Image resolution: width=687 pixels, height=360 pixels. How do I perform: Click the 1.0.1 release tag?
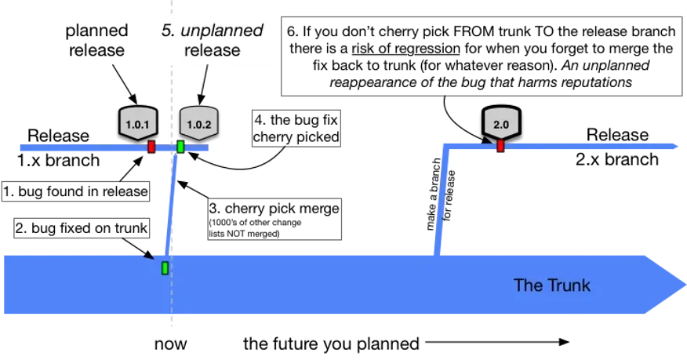pyautogui.click(x=137, y=122)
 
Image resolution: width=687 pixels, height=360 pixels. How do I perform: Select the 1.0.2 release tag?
pyautogui.click(x=199, y=122)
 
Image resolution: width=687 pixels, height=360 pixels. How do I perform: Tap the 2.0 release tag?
pyautogui.click(x=501, y=122)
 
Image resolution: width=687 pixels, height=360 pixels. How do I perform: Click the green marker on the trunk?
pyautogui.click(x=165, y=267)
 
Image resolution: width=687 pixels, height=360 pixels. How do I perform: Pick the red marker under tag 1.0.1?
pyautogui.click(x=151, y=147)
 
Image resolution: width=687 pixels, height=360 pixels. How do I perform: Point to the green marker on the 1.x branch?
pyautogui.click(x=180, y=147)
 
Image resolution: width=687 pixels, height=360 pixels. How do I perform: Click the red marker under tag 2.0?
pyautogui.click(x=500, y=145)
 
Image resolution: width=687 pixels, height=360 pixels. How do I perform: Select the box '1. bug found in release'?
pyautogui.click(x=76, y=191)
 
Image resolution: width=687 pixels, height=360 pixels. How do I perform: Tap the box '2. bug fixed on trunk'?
pyautogui.click(x=82, y=228)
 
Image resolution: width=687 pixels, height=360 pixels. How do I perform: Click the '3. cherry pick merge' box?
pyautogui.click(x=274, y=220)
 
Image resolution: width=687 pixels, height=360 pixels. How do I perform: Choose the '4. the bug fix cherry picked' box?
pyautogui.click(x=296, y=129)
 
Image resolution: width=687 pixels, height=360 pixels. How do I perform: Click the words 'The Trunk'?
pyautogui.click(x=552, y=285)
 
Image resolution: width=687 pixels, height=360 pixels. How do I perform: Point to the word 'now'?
pyautogui.click(x=170, y=344)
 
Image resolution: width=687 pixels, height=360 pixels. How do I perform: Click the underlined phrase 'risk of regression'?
pyautogui.click(x=405, y=48)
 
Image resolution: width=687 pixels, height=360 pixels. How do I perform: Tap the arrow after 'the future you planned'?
pyautogui.click(x=497, y=342)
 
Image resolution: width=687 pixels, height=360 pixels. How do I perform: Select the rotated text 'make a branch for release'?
pyautogui.click(x=441, y=194)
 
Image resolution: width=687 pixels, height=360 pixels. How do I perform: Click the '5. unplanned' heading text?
pyautogui.click(x=213, y=31)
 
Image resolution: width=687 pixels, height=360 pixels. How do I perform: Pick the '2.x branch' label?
pyautogui.click(x=617, y=159)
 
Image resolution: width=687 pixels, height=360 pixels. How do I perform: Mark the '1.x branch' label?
pyautogui.click(x=58, y=160)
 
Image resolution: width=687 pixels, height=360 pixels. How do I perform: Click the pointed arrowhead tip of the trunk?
pyautogui.click(x=685, y=285)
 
